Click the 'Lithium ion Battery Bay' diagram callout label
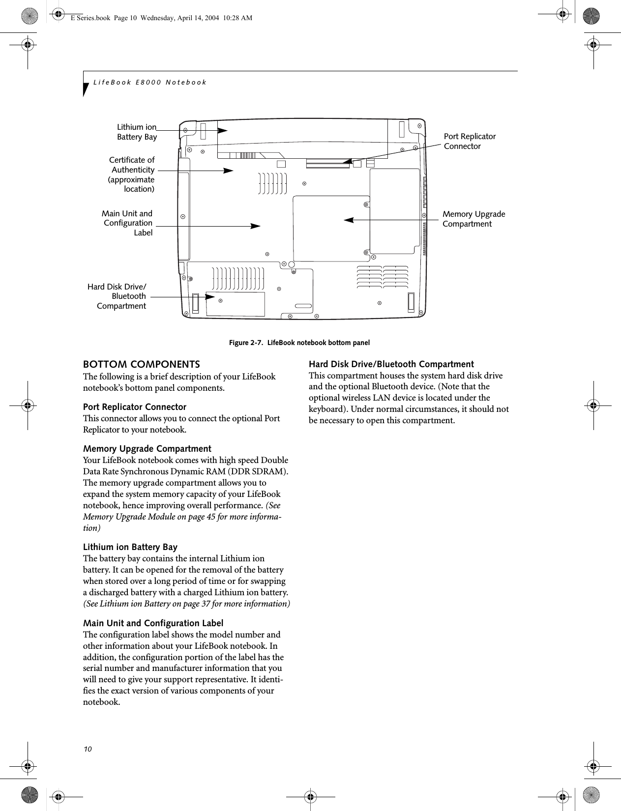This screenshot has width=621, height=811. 137,132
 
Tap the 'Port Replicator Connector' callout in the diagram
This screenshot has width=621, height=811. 470,141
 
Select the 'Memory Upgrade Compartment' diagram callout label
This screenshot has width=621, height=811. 473,219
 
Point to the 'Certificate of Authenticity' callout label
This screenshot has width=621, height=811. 131,174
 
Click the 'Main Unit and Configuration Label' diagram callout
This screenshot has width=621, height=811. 127,223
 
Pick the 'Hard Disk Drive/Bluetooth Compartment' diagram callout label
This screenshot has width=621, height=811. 117,296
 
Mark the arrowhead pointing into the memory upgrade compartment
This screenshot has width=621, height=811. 349,220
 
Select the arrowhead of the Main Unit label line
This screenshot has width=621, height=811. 255,226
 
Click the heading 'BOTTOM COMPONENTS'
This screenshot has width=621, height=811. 142,365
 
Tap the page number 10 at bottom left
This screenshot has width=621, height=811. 87,749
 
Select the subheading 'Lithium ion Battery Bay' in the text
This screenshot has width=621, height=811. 130,547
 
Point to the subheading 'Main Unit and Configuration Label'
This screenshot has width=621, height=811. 153,623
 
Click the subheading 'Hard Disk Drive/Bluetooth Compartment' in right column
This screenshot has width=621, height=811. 391,364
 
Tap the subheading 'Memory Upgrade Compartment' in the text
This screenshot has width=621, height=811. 147,449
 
